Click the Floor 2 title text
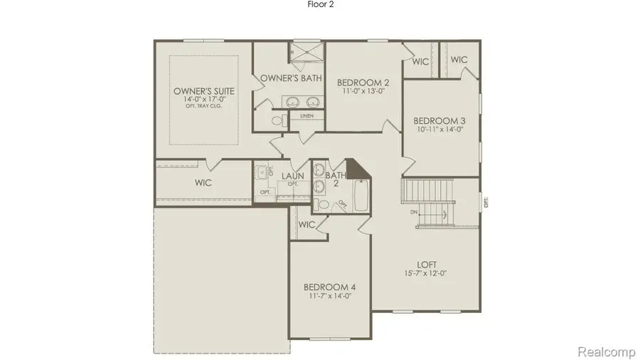click(x=320, y=4)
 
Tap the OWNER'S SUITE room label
click(x=204, y=91)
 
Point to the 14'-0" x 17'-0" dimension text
click(x=204, y=100)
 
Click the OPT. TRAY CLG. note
click(x=204, y=108)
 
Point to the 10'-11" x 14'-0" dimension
click(x=439, y=129)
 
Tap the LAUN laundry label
click(x=292, y=176)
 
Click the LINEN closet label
click(x=306, y=115)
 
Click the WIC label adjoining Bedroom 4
click(x=306, y=225)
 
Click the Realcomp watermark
click(x=604, y=351)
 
